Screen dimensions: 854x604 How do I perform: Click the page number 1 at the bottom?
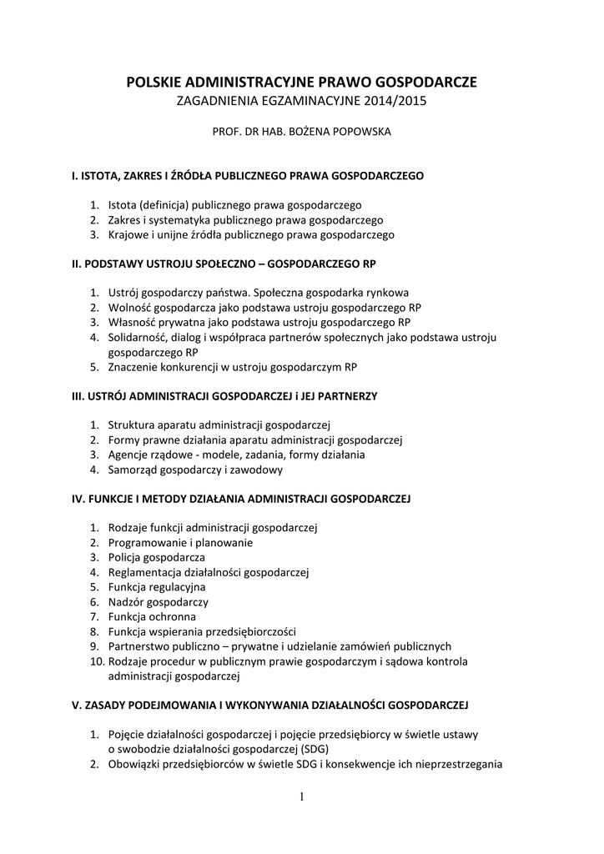coord(301,797)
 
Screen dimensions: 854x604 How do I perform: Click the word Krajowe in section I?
coord(128,235)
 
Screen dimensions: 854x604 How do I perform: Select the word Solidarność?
coord(138,337)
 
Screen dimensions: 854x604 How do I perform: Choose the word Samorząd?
coord(133,470)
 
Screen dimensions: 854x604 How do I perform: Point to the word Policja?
coord(125,557)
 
